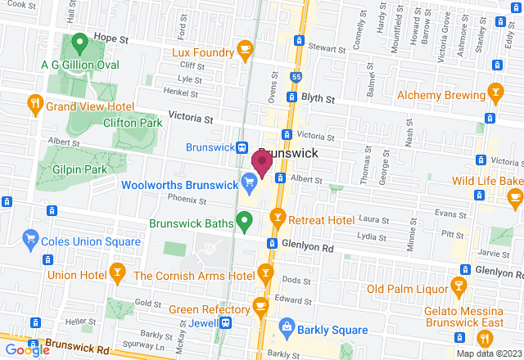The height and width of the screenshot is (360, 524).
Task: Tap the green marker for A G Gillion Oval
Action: [x=79, y=41]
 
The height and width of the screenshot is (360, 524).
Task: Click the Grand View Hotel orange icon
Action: [x=34, y=104]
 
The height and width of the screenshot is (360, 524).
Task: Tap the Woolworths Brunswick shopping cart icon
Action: [x=248, y=181]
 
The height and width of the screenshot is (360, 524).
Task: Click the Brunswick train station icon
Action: [x=243, y=148]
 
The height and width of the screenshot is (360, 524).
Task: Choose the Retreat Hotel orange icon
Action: [x=278, y=218]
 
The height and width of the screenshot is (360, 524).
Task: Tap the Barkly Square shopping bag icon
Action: [x=286, y=328]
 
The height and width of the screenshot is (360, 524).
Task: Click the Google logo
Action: [x=25, y=349]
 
